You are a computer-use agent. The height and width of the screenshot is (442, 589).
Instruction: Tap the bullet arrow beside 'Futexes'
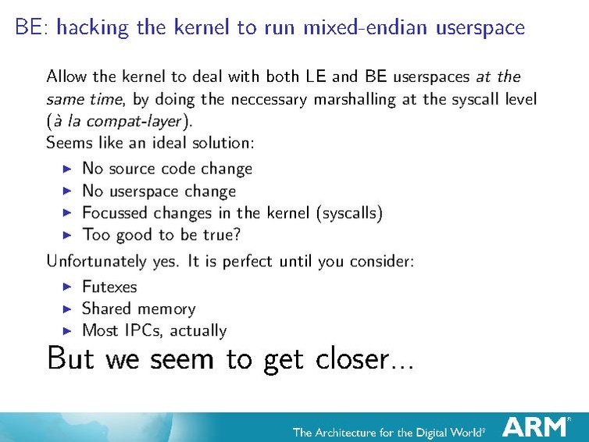click(x=66, y=287)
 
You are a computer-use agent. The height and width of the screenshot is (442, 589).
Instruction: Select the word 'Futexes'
click(x=109, y=287)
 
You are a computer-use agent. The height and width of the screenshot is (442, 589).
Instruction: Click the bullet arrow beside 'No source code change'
click(x=66, y=169)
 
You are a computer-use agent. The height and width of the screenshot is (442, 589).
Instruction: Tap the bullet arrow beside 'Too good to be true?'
click(x=66, y=234)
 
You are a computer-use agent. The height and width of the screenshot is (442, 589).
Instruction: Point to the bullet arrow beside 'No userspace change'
click(x=66, y=191)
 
